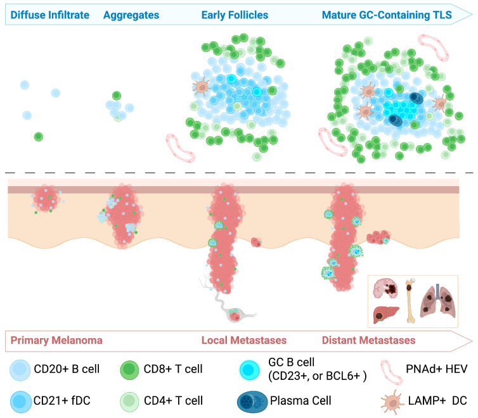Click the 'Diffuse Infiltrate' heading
coord(46,13)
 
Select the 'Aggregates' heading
coord(131,13)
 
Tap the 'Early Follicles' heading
coord(235,13)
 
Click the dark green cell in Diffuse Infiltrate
coord(39,136)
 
